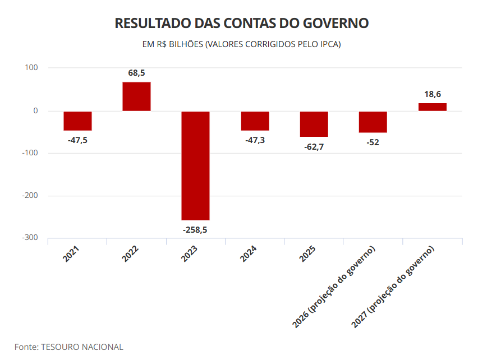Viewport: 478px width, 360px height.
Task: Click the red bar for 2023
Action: pos(195,165)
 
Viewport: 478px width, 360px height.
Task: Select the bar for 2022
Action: pos(136,96)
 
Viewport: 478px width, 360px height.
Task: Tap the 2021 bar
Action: pos(78,121)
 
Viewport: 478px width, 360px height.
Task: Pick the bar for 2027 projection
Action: pos(432,107)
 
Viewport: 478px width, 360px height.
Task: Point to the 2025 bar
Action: pos(314,124)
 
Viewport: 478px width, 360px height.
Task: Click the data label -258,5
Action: pos(195,230)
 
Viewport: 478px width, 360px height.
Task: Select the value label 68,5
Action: pos(136,73)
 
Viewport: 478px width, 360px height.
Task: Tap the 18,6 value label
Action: pos(433,94)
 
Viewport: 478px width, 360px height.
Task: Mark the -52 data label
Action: pos(373,142)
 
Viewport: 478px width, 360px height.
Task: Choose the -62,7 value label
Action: pos(314,147)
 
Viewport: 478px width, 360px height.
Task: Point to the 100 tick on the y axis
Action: pos(31,68)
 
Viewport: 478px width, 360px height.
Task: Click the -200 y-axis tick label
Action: pos(30,196)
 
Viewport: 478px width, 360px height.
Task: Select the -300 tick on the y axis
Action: pos(30,238)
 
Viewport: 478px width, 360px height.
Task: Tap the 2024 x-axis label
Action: pos(248,253)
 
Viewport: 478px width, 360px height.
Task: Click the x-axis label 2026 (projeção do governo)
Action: pos(333,287)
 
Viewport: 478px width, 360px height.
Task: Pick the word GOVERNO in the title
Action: pos(336,23)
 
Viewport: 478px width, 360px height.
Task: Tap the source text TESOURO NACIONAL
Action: pos(82,347)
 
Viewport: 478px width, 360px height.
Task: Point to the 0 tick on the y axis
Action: pos(36,111)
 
